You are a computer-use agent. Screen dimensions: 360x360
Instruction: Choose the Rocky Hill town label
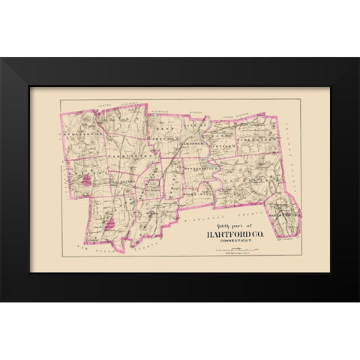tap(196, 194)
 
